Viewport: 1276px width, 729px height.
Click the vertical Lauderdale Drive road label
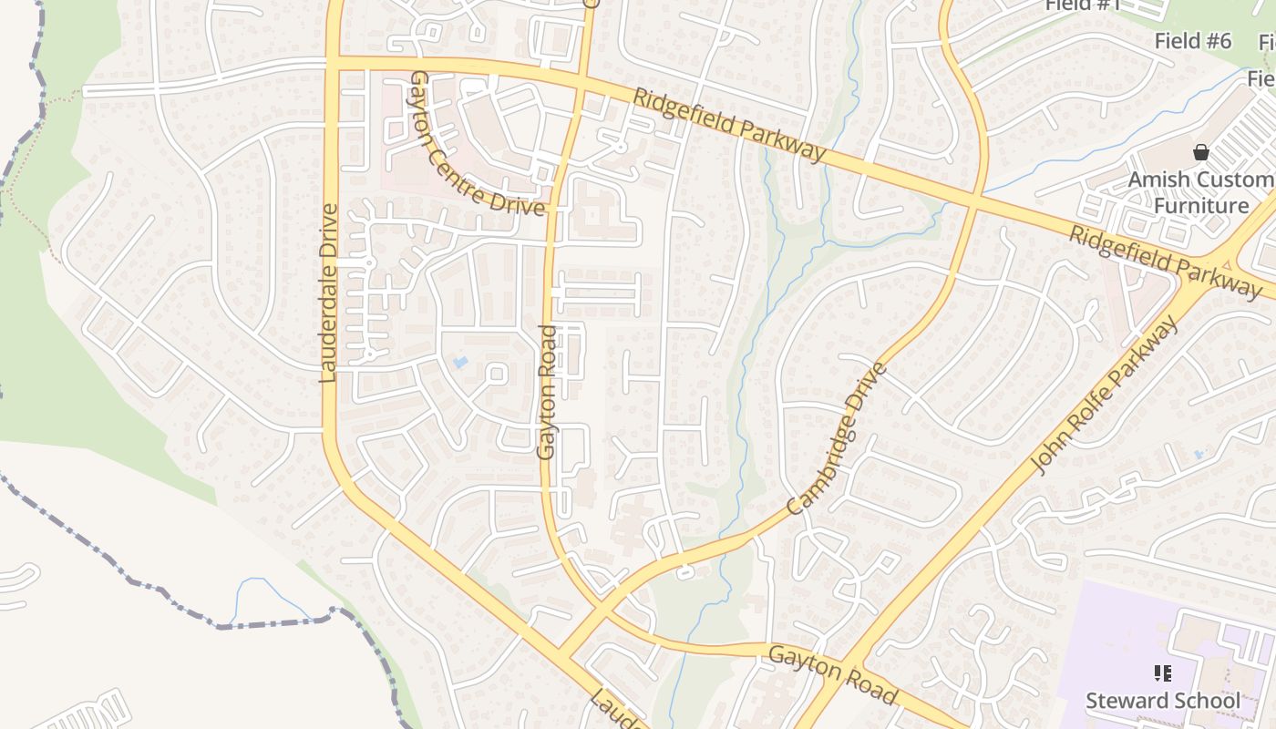[x=329, y=293]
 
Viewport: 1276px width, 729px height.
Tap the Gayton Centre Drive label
[x=478, y=144]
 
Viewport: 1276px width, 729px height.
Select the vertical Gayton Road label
[x=547, y=392]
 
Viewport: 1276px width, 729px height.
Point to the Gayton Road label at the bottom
[x=833, y=674]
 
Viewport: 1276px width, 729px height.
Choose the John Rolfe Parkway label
[x=1106, y=395]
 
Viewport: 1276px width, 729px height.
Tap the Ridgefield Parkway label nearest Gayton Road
[x=729, y=125]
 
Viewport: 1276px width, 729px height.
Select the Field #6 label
[x=1192, y=41]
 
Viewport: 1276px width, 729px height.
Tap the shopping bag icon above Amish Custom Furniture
[x=1201, y=152]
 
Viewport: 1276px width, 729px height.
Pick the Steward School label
[x=1163, y=701]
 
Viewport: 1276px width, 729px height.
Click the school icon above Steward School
[x=1163, y=673]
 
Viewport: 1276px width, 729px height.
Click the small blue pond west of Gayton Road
[x=460, y=363]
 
